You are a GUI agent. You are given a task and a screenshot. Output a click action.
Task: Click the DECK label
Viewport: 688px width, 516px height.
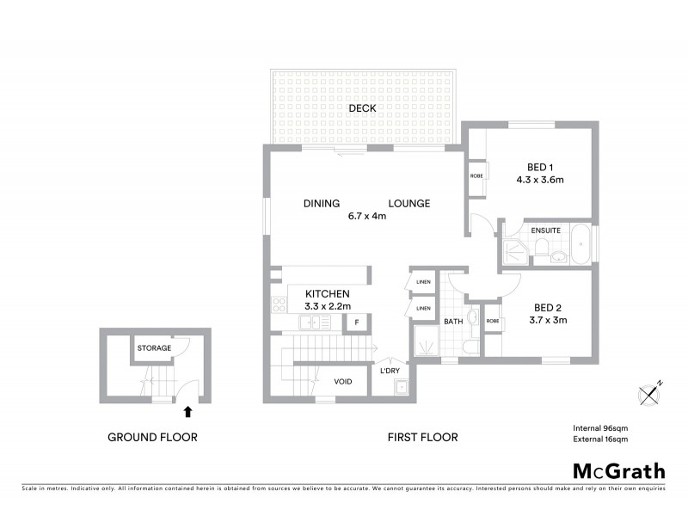[x=362, y=108]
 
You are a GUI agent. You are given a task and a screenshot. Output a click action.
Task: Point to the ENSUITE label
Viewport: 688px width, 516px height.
[x=546, y=230]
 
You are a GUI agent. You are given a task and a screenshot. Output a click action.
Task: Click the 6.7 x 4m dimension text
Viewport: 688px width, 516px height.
[x=367, y=216]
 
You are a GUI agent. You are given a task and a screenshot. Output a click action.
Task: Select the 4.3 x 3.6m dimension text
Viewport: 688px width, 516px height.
[x=539, y=181]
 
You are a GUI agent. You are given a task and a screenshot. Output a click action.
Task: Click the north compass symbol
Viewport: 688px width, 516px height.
[x=651, y=393]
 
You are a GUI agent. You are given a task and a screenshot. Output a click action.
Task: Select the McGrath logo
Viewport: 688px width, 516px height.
[x=619, y=470]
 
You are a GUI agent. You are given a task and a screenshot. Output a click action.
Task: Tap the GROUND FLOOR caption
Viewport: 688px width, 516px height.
[x=152, y=437]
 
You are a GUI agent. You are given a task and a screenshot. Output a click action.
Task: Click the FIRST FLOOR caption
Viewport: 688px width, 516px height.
[x=421, y=437]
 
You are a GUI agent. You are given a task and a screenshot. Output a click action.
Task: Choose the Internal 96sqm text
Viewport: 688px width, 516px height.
[x=601, y=427]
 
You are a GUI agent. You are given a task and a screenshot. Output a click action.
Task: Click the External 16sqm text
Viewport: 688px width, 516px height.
[x=601, y=439]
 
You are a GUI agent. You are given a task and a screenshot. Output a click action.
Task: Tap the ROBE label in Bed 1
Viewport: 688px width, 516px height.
[x=476, y=175]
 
